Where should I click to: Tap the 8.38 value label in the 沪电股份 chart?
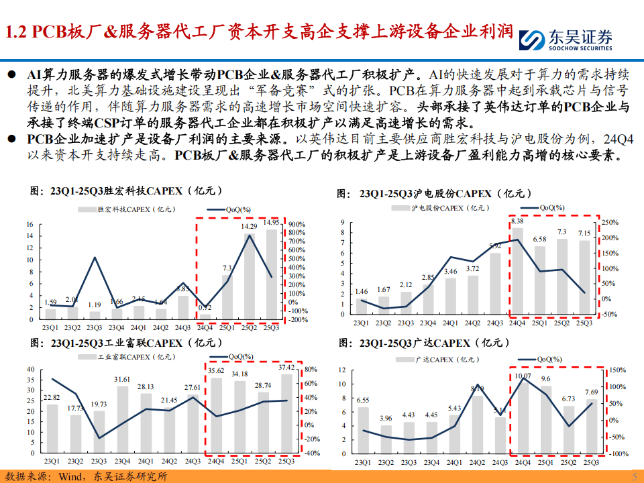coord(517,221)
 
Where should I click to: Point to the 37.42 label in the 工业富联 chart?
coord(286,368)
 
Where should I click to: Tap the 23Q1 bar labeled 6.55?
coord(363,429)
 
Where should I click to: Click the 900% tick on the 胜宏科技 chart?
coord(297,224)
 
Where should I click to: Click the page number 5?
coord(635,476)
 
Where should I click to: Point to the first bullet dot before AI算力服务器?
coord(11,73)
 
